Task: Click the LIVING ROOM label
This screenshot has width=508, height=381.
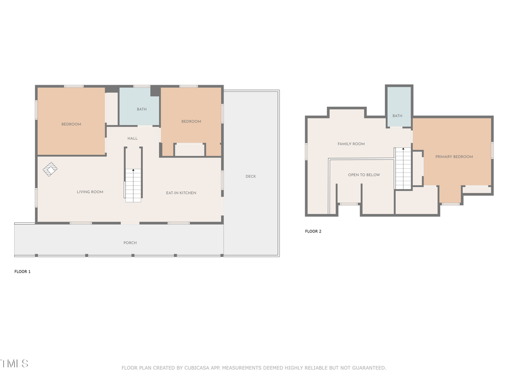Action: coord(90,192)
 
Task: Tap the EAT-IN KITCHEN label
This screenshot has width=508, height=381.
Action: coord(181,193)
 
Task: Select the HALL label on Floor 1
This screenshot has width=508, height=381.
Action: coord(132,138)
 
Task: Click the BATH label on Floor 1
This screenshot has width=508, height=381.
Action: coord(141,109)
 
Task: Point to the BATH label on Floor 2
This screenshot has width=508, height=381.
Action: coord(397,116)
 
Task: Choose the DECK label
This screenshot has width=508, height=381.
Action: coord(251,176)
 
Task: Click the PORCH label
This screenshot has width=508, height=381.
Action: coord(130,243)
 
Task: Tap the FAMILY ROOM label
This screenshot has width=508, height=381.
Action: coord(351,144)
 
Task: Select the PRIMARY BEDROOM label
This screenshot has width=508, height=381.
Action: coord(454,156)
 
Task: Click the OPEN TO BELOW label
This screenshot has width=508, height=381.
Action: coord(364,175)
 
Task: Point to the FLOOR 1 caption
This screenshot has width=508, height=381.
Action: coord(23,271)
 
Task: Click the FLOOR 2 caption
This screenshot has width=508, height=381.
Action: coord(313,231)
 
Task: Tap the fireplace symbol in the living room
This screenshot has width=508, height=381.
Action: coord(50,169)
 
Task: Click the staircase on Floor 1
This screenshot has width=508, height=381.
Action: coord(133,183)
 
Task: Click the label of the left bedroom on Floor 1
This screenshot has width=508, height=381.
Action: coord(71,124)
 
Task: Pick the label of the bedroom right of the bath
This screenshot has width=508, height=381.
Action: coord(191,121)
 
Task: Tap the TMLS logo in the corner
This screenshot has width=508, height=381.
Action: coord(14,364)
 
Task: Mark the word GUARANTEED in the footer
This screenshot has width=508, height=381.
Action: coord(368,368)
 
